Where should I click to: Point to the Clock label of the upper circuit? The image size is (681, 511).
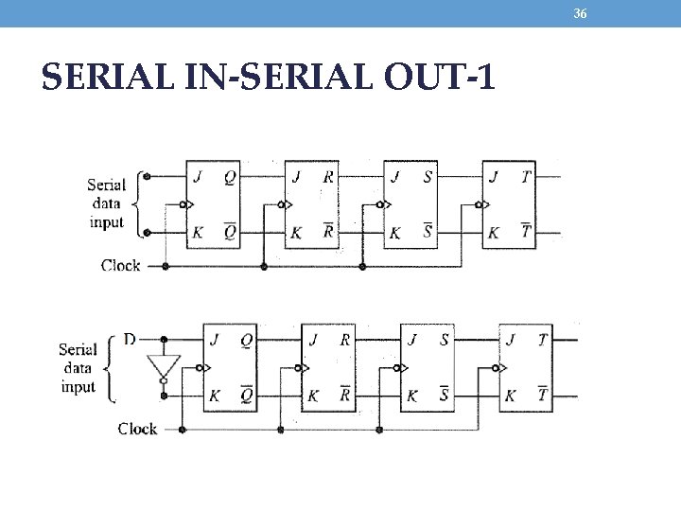pyautogui.click(x=120, y=266)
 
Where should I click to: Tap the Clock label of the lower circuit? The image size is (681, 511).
pyautogui.click(x=137, y=429)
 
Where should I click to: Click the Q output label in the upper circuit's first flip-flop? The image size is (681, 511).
pyautogui.click(x=231, y=176)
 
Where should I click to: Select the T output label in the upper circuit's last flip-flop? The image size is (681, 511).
pyautogui.click(x=527, y=176)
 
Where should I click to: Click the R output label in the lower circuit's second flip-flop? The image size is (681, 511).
pyautogui.click(x=345, y=340)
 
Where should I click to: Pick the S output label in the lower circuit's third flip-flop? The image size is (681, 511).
pyautogui.click(x=444, y=340)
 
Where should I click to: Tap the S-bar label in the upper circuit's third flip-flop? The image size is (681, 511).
pyautogui.click(x=428, y=231)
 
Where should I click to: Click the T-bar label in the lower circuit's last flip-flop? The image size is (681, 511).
pyautogui.click(x=543, y=394)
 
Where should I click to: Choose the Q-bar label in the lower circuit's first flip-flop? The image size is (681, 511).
pyautogui.click(x=246, y=394)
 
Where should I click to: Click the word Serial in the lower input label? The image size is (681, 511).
pyautogui.click(x=78, y=349)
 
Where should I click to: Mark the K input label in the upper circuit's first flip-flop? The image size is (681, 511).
pyautogui.click(x=198, y=232)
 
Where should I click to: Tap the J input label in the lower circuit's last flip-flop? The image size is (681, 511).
pyautogui.click(x=512, y=340)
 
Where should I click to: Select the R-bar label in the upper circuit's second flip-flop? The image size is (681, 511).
pyautogui.click(x=328, y=231)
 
